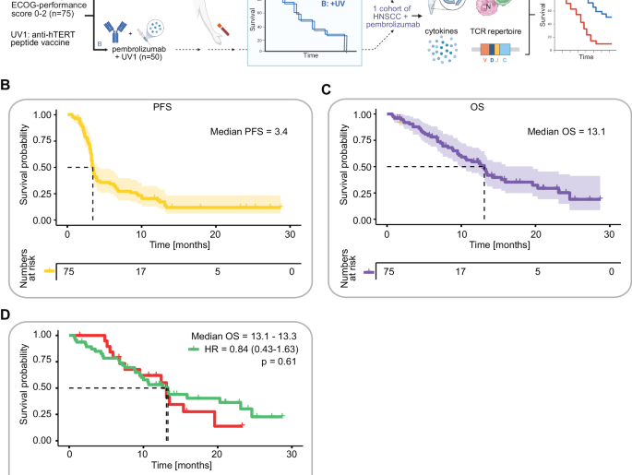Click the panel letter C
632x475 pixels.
[325, 89]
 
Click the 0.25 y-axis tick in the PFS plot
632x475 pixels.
[43, 195]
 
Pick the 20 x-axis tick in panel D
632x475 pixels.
[216, 455]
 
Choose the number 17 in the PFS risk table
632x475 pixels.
[141, 272]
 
